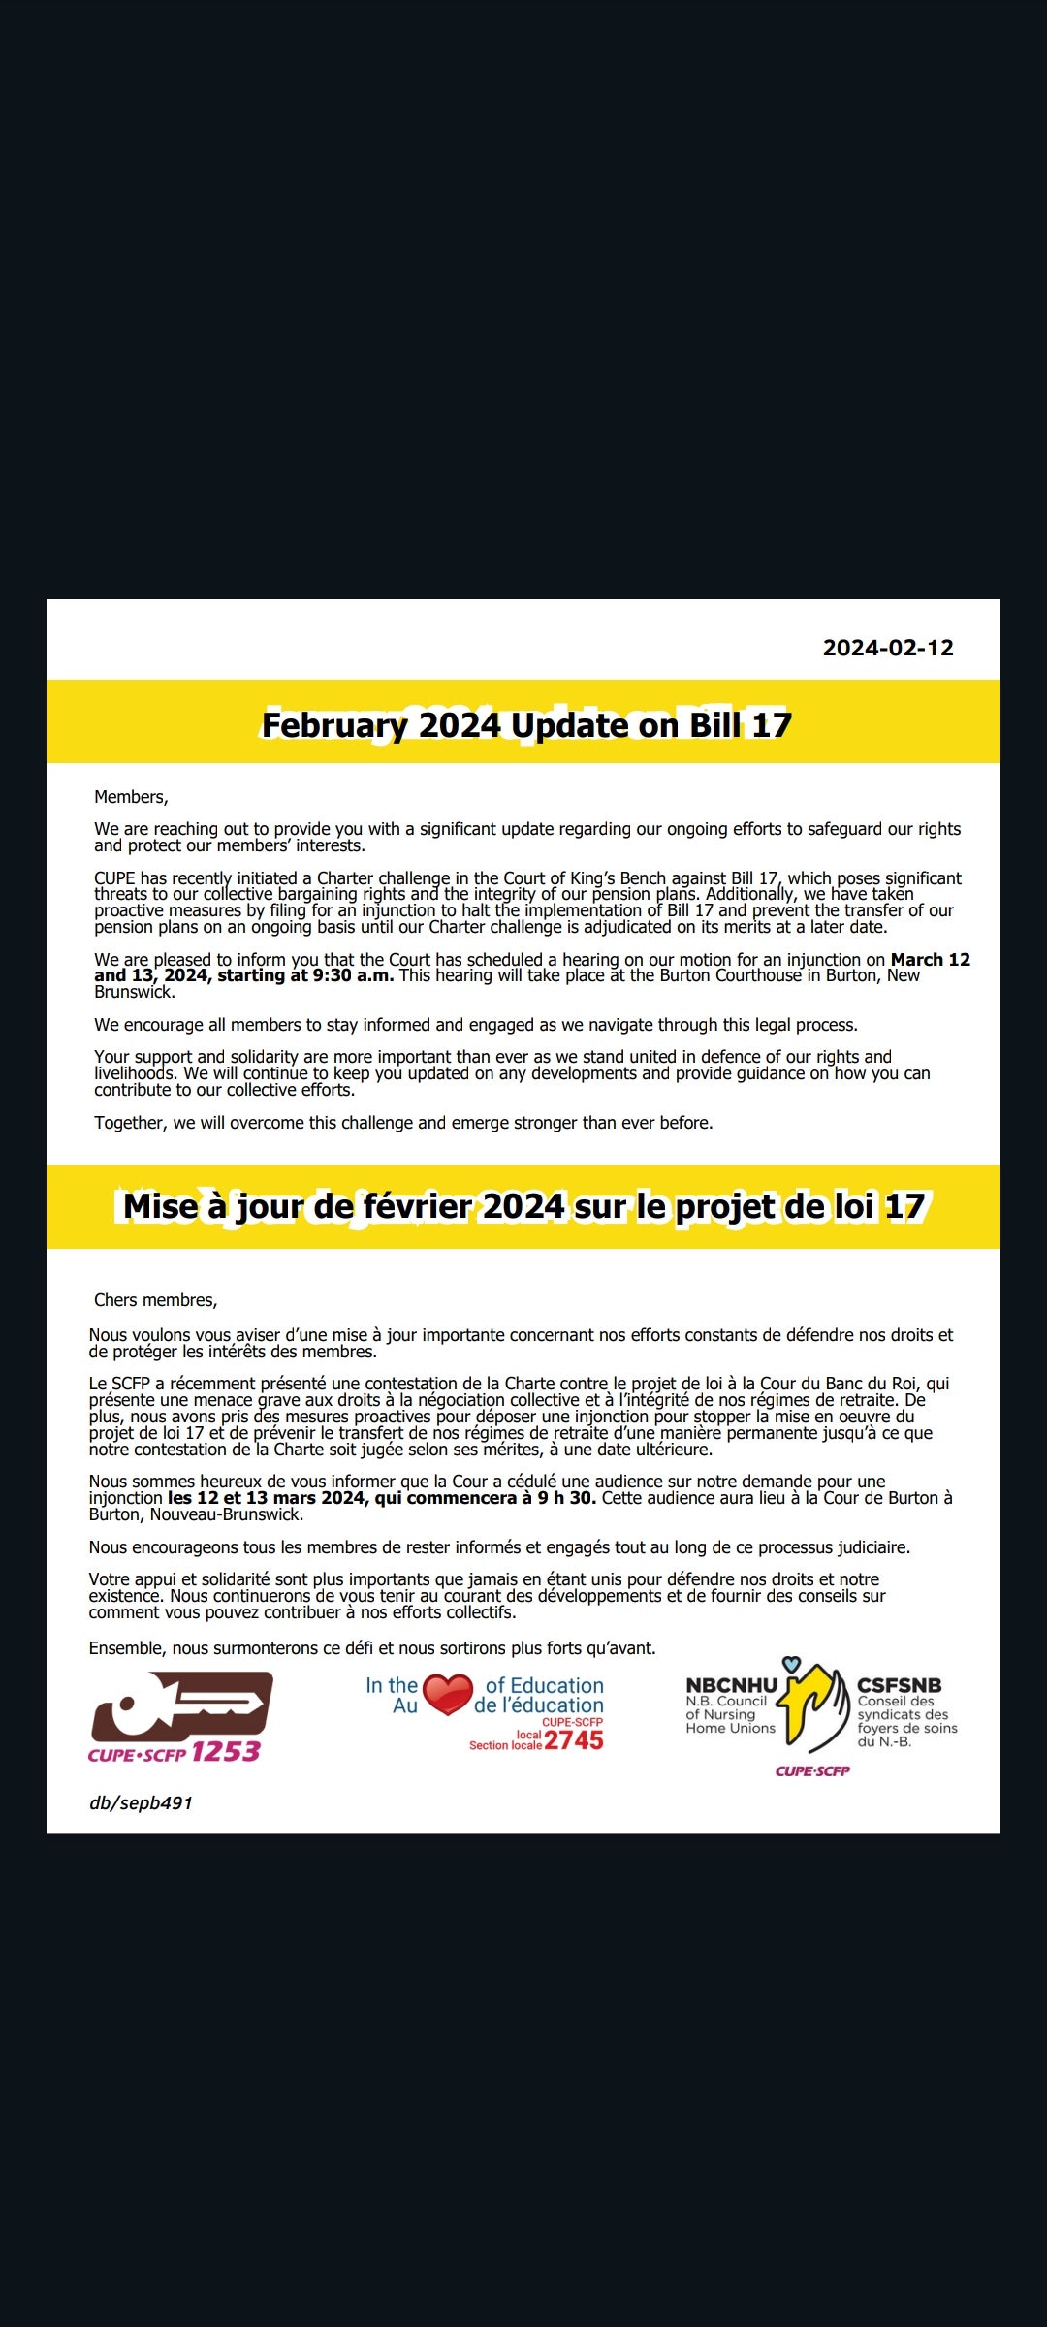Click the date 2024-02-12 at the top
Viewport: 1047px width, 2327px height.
pyautogui.click(x=888, y=648)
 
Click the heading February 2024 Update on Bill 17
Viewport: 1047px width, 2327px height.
pyautogui.click(x=526, y=724)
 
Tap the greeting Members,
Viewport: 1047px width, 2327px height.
pyautogui.click(x=131, y=797)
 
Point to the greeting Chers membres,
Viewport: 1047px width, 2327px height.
pyautogui.click(x=155, y=1300)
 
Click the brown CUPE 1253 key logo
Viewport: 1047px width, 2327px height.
pyautogui.click(x=181, y=1706)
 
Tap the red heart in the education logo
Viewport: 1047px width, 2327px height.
pyautogui.click(x=448, y=1694)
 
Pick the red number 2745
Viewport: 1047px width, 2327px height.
pyautogui.click(x=574, y=1740)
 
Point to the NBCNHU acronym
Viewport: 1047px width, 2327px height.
pyautogui.click(x=731, y=1686)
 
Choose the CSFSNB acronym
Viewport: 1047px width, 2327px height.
pyautogui.click(x=899, y=1686)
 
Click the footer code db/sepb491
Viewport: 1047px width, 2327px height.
pyautogui.click(x=141, y=1802)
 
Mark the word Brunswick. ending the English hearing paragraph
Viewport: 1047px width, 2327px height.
pyautogui.click(x=135, y=992)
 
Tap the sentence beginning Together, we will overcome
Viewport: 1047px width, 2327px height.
pyautogui.click(x=403, y=1123)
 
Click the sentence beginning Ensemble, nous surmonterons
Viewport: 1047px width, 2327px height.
pyautogui.click(x=372, y=1648)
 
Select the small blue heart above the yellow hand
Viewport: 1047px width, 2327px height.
pyautogui.click(x=792, y=1664)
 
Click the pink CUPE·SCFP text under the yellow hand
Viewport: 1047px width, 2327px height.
pyautogui.click(x=812, y=1770)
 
